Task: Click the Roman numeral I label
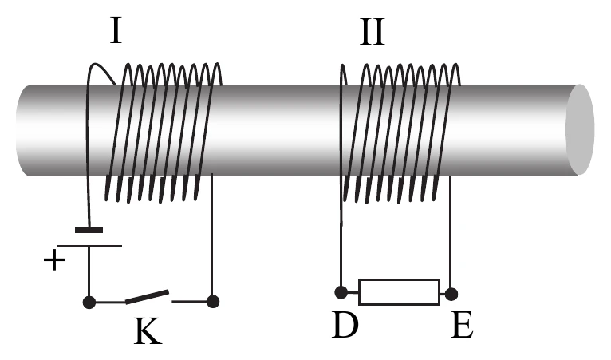point(116,31)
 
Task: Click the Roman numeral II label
point(373,32)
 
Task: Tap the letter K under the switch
point(148,330)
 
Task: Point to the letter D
point(345,325)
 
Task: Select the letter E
point(462,325)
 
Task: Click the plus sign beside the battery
point(54,260)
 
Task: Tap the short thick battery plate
point(89,230)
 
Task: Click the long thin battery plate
point(89,246)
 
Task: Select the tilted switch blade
point(147,296)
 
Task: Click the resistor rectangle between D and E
point(399,291)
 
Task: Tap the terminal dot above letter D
point(341,292)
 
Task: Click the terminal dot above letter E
point(451,294)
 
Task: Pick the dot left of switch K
point(89,302)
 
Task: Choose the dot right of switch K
point(213,302)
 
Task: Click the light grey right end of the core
point(580,129)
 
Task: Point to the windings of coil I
point(164,133)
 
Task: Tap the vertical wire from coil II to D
point(341,234)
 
